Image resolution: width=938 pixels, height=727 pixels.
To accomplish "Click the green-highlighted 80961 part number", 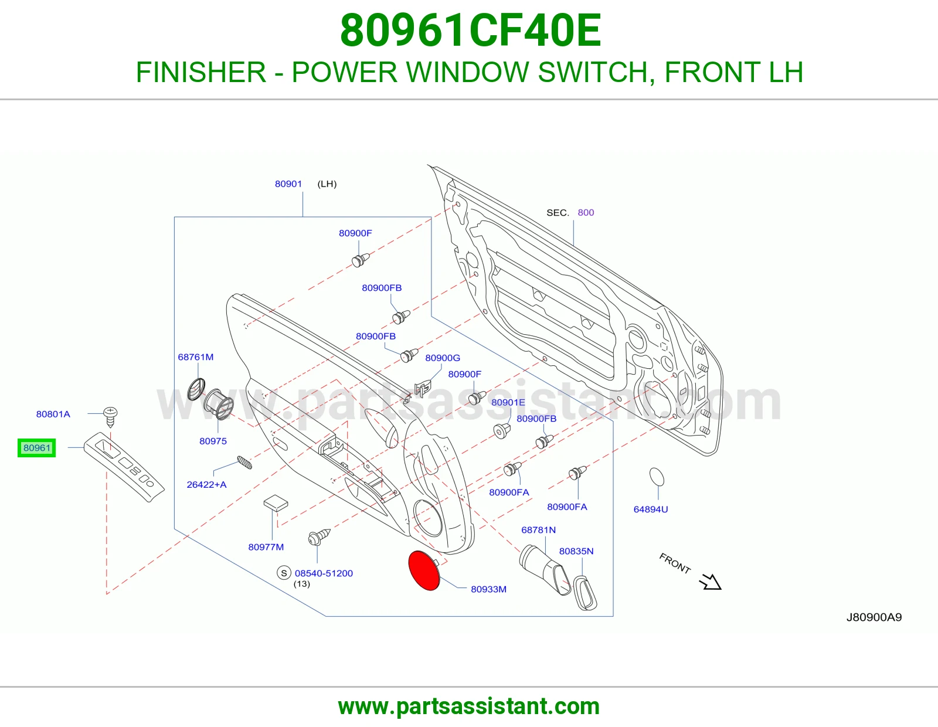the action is point(37,448).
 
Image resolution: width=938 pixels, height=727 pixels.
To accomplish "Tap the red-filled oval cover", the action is point(424,570).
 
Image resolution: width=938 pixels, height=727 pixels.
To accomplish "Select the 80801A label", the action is point(53,414).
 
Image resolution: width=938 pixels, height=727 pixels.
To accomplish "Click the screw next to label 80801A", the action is point(110,416).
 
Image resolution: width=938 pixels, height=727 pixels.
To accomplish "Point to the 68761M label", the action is point(196,357).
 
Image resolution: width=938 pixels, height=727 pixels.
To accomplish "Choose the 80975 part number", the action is point(213,441).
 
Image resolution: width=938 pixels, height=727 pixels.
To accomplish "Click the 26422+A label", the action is point(206,484).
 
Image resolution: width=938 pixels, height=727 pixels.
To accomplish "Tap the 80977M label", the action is point(266,547).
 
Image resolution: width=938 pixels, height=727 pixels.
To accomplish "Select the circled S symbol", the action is point(284,573).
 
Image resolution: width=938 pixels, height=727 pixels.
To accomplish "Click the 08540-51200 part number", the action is point(324,573).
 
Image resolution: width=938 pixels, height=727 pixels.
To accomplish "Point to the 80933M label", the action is point(489,589).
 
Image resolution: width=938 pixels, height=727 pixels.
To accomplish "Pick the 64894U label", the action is point(651,509).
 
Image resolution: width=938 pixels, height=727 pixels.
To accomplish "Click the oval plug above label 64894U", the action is point(657,477).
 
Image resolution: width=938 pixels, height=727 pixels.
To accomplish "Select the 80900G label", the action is point(443,358).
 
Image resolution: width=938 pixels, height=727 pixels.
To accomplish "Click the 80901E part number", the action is point(508,402).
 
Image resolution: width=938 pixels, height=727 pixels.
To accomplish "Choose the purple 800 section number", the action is point(586,212).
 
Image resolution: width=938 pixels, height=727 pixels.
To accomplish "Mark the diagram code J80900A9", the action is point(874,617).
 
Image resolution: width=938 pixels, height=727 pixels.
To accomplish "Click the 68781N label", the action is point(538,529).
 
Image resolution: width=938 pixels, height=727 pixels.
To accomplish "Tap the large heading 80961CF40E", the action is point(471,30).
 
